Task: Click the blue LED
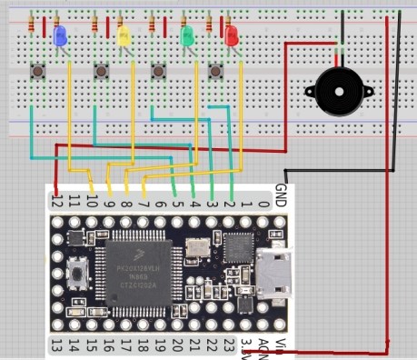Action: [61, 36]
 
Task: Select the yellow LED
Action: [124, 35]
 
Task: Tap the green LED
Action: [187, 36]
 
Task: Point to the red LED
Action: [230, 37]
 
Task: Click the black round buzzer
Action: [335, 90]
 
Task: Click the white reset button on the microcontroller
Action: [76, 271]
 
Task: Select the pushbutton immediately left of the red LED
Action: [216, 70]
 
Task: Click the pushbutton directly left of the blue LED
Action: [39, 70]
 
